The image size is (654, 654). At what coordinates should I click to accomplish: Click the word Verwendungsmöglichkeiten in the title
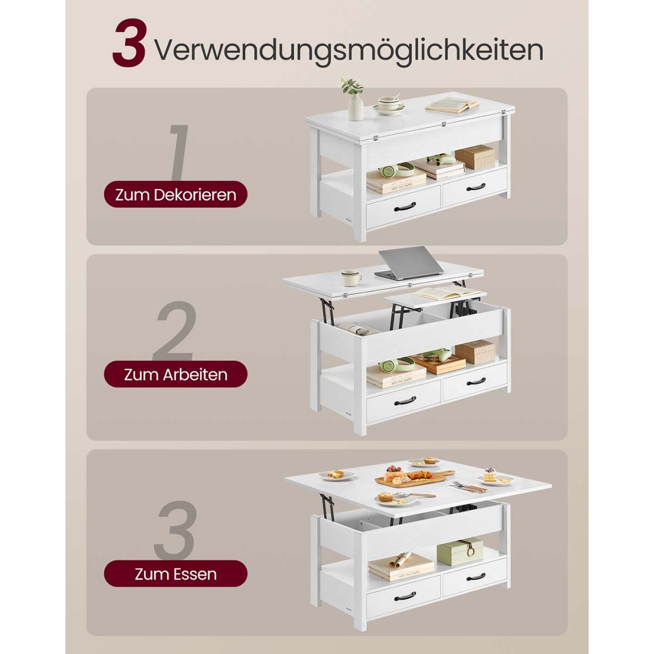click(349, 51)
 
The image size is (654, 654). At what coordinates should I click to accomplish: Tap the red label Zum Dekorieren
click(175, 195)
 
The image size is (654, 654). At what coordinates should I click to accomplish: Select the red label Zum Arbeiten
click(175, 374)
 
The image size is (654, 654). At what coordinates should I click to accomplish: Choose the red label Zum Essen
click(175, 573)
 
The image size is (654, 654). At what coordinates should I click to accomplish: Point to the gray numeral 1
click(179, 153)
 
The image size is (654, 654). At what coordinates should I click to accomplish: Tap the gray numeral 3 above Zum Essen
click(176, 530)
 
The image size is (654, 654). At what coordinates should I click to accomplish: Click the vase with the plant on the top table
click(354, 100)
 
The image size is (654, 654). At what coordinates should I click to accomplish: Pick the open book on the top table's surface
click(452, 105)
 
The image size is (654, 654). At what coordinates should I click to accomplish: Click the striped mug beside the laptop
click(351, 278)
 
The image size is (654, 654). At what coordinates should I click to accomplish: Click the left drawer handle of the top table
click(405, 207)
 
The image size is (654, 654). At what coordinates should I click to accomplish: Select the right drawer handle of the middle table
click(476, 381)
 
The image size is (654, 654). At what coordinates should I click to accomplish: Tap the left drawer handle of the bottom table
click(405, 595)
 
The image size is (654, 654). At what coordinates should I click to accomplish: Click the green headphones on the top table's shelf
click(396, 169)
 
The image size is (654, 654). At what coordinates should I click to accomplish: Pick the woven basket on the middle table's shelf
click(475, 352)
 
